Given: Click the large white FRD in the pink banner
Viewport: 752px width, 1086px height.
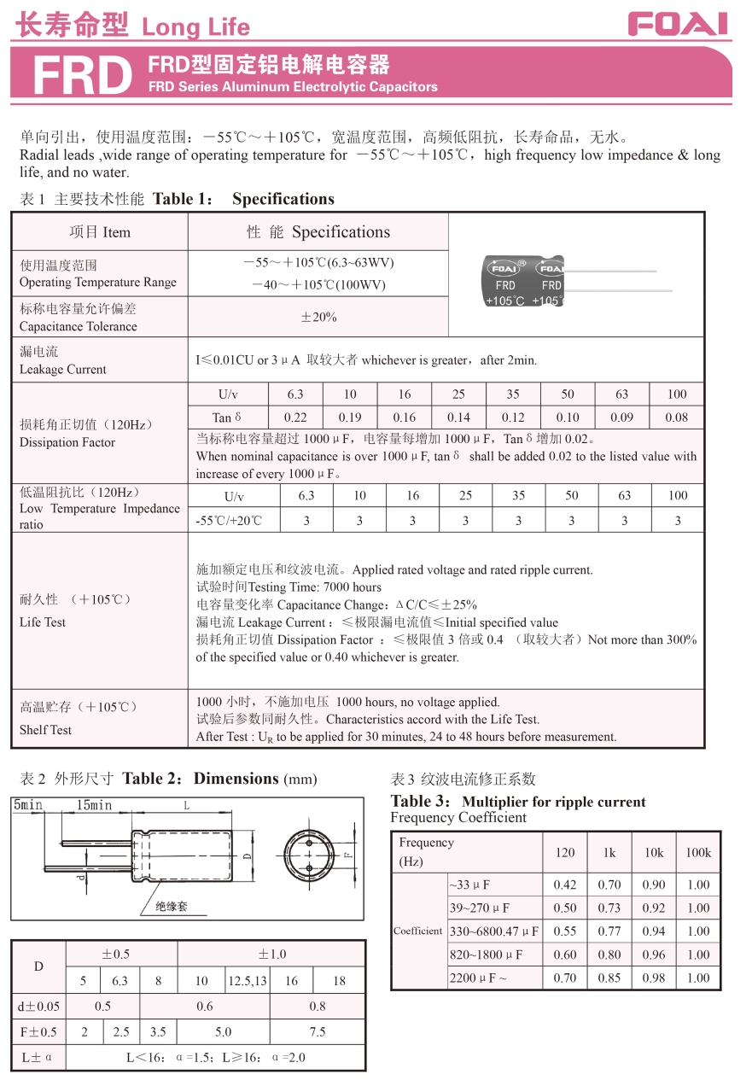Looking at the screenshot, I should pyautogui.click(x=82, y=76).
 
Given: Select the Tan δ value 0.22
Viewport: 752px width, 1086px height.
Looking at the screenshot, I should pyautogui.click(x=295, y=417).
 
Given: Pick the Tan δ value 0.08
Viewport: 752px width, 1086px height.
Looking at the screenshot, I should pyautogui.click(x=677, y=417).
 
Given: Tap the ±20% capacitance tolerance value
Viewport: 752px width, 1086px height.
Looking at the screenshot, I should pyautogui.click(x=318, y=318).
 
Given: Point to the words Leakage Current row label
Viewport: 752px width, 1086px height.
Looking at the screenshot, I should pyautogui.click(x=63, y=370).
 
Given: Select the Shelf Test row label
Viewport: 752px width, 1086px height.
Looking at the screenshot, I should pyautogui.click(x=45, y=730).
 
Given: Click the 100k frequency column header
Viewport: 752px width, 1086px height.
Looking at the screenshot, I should pyautogui.click(x=698, y=852).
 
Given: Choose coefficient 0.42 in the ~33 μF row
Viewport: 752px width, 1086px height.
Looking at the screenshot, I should pyautogui.click(x=565, y=885).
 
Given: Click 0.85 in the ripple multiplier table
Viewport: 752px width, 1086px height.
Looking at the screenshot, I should pyautogui.click(x=609, y=978).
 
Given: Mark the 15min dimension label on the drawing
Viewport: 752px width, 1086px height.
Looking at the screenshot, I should pyautogui.click(x=94, y=805).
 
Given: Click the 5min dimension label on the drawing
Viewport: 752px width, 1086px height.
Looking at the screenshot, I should pyautogui.click(x=27, y=805).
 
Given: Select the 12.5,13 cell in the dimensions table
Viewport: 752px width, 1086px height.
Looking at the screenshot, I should pyautogui.click(x=248, y=981).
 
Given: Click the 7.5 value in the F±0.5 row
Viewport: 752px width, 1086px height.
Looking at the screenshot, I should pyautogui.click(x=318, y=1031).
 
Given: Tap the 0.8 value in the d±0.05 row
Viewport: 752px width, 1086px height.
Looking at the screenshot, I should pyautogui.click(x=318, y=1006).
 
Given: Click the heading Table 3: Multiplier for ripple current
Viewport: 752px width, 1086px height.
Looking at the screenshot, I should pyautogui.click(x=518, y=802).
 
